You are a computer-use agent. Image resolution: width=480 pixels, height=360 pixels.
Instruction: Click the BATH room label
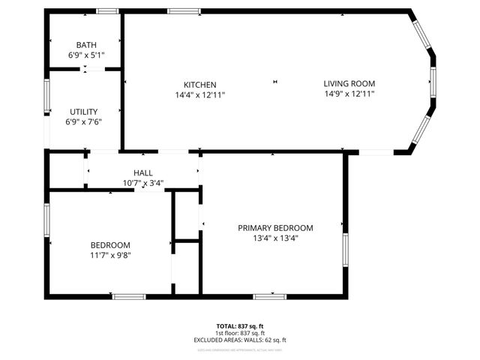[x=85, y=45]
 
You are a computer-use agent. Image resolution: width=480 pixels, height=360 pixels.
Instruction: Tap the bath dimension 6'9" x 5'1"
[x=85, y=55]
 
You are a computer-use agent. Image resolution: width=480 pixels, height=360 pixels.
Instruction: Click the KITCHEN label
[x=200, y=84]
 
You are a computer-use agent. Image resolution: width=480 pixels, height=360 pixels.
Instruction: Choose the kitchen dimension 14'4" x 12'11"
[x=200, y=94]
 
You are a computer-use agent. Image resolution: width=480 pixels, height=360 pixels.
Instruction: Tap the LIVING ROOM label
[x=349, y=83]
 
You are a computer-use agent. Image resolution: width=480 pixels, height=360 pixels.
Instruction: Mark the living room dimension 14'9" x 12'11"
[x=349, y=94]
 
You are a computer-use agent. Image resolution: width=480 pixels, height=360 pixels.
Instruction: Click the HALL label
[x=143, y=172]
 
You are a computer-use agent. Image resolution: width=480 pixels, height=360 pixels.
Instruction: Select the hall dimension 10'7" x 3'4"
[x=143, y=183]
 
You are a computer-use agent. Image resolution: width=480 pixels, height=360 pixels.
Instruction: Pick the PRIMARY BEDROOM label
[x=275, y=228]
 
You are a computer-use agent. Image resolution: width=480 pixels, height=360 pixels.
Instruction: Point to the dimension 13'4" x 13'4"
[x=275, y=238]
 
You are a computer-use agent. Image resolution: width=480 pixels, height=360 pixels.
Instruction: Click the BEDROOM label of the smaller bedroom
[x=110, y=245]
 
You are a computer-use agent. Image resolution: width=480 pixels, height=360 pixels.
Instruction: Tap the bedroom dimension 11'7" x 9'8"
[x=110, y=256]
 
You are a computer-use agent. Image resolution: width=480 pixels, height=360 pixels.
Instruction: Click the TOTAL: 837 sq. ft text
[x=240, y=326]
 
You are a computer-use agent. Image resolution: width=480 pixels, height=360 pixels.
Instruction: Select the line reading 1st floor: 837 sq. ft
[x=240, y=333]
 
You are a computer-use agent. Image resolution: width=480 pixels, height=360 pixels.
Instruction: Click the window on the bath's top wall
[x=107, y=11]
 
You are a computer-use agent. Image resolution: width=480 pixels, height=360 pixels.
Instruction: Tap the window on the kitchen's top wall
[x=184, y=11]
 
